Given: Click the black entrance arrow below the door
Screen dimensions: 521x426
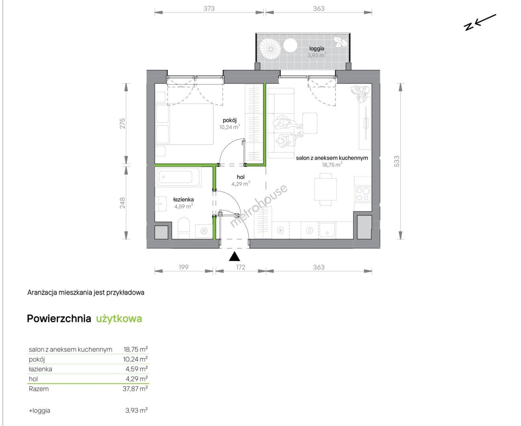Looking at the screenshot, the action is [234, 256].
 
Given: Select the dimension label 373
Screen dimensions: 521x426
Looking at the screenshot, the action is [209, 9].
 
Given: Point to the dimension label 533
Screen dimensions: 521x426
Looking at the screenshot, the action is [396, 161].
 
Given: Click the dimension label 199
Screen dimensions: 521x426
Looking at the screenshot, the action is [183, 267].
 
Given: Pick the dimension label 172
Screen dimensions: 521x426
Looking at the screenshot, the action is [241, 267].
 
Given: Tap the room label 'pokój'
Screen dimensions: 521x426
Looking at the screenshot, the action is [230, 120].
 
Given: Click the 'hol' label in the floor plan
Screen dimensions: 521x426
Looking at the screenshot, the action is [241, 177].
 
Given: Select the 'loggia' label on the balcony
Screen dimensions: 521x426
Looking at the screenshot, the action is [317, 49].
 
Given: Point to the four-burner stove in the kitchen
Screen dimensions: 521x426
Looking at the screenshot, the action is [363, 194].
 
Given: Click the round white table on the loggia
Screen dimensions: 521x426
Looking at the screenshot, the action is [290, 45].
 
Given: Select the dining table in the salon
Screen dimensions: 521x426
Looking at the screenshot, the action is [326, 189].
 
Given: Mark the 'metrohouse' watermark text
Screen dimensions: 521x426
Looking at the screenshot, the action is [259, 206].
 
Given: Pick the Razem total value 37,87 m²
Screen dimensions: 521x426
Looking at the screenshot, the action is [135, 389].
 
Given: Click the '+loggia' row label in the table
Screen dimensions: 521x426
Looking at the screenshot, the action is [39, 411].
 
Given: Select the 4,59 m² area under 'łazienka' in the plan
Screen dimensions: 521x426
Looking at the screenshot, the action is [183, 206].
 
